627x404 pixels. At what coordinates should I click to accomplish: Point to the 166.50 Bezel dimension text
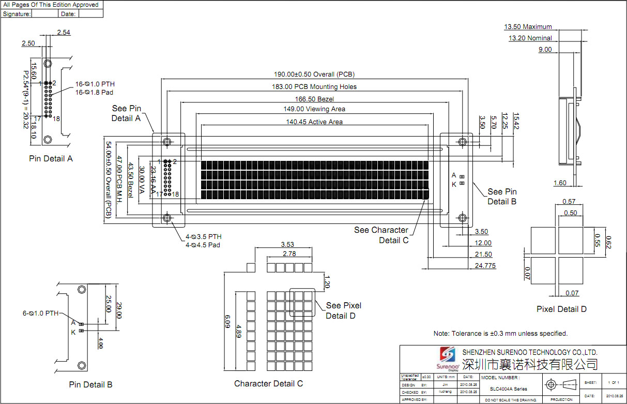(314, 99)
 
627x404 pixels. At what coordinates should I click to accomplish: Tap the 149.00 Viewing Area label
(314, 109)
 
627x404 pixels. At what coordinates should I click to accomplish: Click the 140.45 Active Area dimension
(314, 122)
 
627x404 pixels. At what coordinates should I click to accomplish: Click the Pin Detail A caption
(51, 159)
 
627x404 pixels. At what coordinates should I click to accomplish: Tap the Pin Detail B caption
(90, 384)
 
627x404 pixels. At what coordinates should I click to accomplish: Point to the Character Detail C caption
(268, 384)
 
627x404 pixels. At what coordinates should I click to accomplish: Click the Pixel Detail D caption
(561, 309)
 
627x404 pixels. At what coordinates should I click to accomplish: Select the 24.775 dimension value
(481, 266)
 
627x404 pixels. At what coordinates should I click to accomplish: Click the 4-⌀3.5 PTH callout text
(203, 236)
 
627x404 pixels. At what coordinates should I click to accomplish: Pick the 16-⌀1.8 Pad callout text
(95, 92)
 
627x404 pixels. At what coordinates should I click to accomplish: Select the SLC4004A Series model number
(509, 389)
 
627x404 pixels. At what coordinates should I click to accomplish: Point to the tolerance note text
(500, 334)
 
